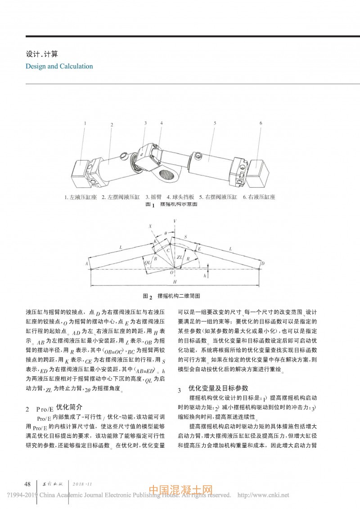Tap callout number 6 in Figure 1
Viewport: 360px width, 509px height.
pyautogui.click(x=261, y=122)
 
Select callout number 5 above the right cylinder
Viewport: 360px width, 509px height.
pyautogui.click(x=216, y=122)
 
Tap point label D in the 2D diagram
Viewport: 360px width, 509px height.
pyautogui.click(x=263, y=263)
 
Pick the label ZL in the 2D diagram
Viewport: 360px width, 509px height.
pyautogui.click(x=179, y=257)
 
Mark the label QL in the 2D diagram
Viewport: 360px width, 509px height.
pyautogui.click(x=147, y=261)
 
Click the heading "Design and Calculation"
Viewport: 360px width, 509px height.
pyautogui.click(x=59, y=66)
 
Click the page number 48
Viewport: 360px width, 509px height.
pyautogui.click(x=27, y=484)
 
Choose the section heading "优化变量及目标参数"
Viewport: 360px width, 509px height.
pyautogui.click(x=218, y=387)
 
